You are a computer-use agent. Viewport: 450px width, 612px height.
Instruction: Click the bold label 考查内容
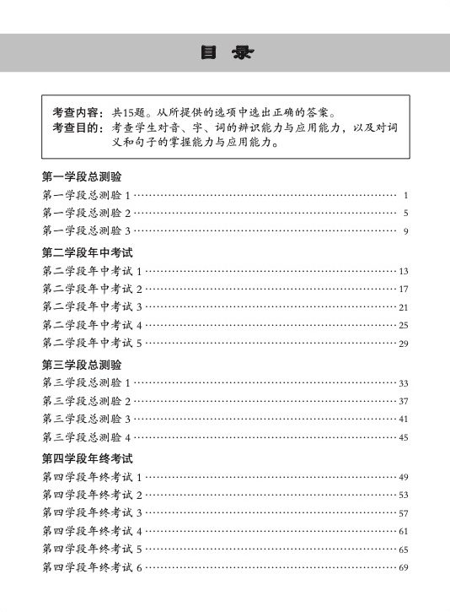(78, 112)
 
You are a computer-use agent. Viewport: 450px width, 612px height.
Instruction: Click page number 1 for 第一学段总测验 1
(405, 195)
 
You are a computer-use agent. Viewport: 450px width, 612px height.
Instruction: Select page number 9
(405, 231)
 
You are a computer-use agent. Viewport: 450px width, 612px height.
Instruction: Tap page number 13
(404, 271)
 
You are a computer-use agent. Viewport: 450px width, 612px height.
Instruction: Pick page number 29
(404, 344)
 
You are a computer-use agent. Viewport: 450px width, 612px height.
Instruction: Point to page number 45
(404, 437)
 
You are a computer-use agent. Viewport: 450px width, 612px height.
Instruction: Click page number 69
(404, 567)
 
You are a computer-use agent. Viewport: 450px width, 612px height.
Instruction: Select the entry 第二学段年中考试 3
(92, 307)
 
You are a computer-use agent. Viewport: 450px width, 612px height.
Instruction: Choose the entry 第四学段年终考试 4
(92, 531)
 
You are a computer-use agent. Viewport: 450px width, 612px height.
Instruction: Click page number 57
(404, 513)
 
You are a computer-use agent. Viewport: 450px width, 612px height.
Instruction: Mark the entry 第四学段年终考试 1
(92, 477)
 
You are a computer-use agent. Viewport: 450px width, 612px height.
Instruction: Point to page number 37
(404, 401)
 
